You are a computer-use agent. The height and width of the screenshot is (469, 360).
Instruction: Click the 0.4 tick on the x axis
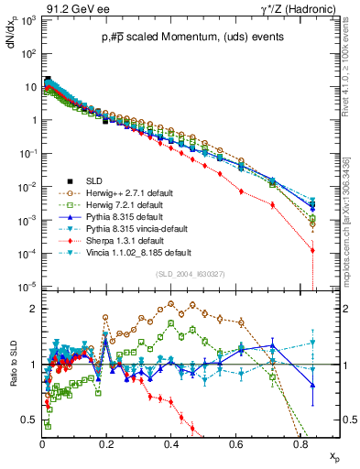click(x=171, y=442)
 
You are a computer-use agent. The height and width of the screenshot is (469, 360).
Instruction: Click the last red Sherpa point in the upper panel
click(x=313, y=250)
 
